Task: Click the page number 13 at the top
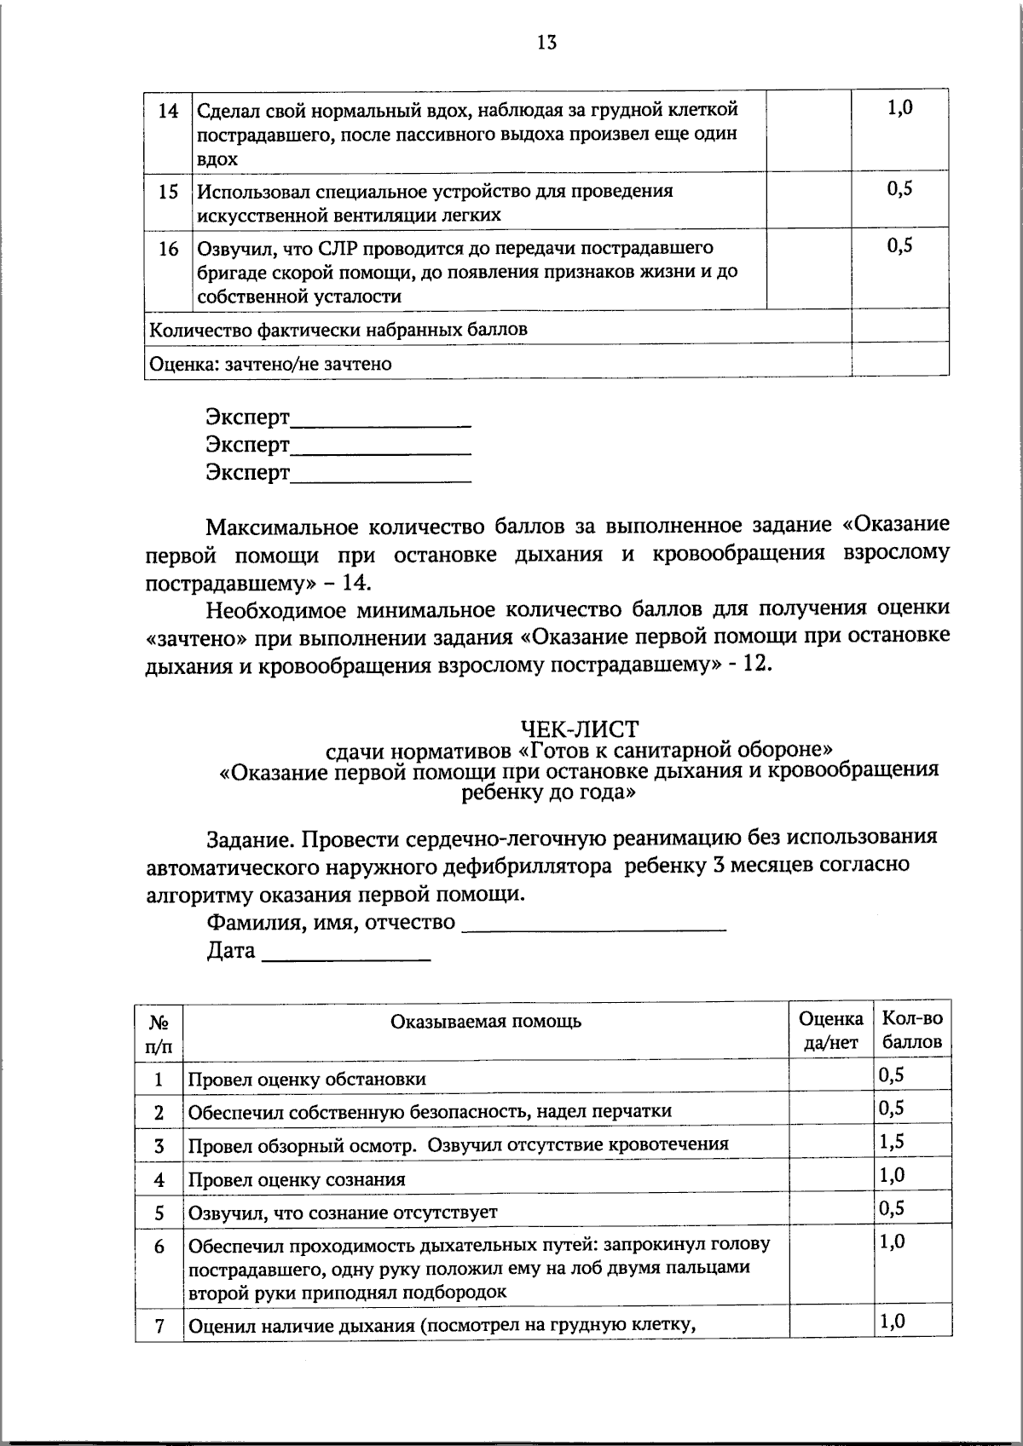[x=546, y=43]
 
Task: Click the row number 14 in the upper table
[x=169, y=111]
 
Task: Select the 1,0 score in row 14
[x=900, y=108]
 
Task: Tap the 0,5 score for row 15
[x=900, y=190]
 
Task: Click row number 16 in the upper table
[x=169, y=249]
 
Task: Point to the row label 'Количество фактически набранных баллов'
[x=338, y=329]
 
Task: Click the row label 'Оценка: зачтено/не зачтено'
[x=270, y=364]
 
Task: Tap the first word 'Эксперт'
[x=247, y=418]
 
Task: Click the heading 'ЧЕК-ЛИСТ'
[x=579, y=729]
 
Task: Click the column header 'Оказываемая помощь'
[x=486, y=1021]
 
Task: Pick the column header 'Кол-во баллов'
[x=911, y=1029]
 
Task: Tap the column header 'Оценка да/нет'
[x=830, y=1029]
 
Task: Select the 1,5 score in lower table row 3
[x=892, y=1142]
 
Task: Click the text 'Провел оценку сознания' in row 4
[x=296, y=1179]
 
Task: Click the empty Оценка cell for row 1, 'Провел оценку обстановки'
[x=830, y=1077]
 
